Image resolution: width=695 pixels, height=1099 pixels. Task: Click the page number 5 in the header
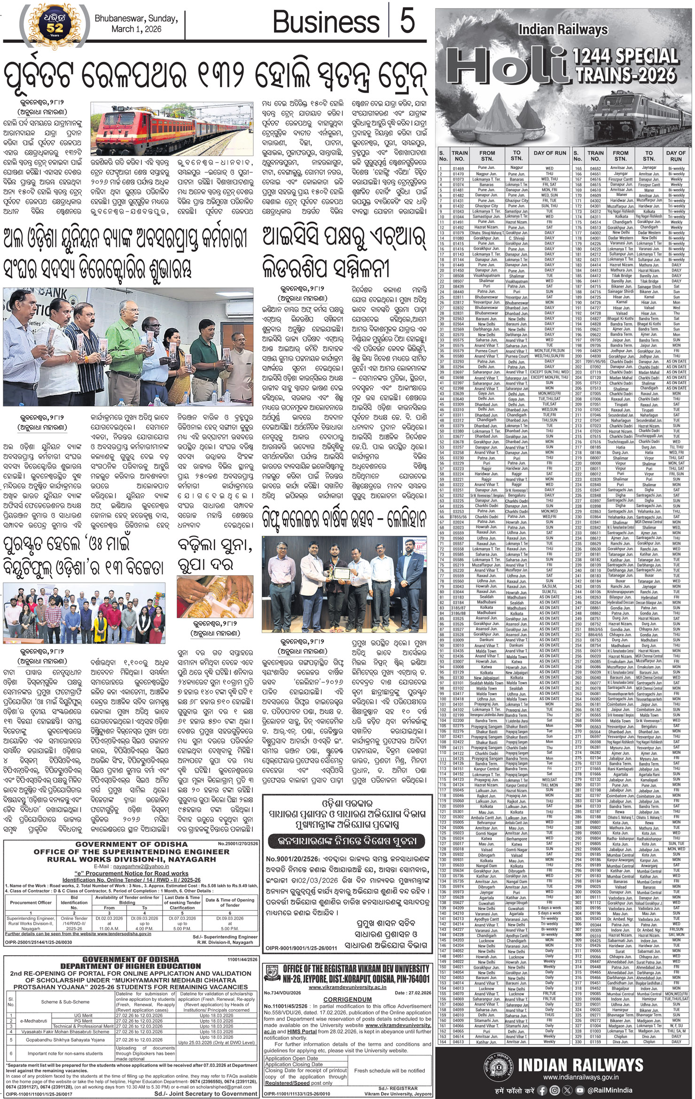click(407, 22)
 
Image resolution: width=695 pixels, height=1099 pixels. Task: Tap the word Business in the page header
click(326, 22)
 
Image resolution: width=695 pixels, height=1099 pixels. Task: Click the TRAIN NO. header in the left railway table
click(459, 156)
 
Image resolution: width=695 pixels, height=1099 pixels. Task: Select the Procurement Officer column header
click(31, 903)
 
